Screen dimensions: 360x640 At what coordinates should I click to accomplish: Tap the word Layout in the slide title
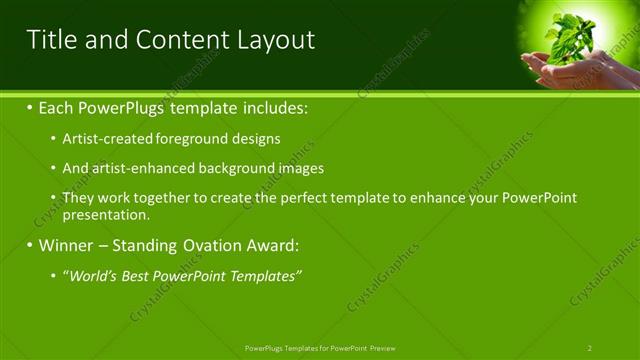pos(275,40)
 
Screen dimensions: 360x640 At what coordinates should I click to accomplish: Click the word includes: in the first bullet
pos(270,107)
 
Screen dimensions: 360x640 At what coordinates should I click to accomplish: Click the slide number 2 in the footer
pos(589,348)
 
